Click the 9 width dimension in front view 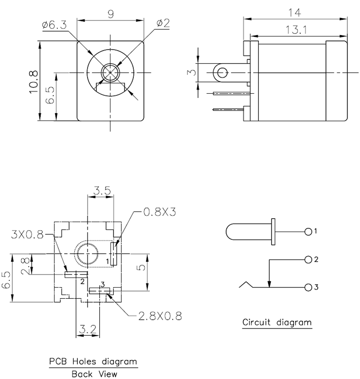point(110,14)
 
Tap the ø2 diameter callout point(162,23)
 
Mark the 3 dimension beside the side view point(192,72)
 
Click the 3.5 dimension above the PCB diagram point(100,190)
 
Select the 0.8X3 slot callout point(161,212)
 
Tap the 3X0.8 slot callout point(26,236)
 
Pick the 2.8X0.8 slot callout point(160,316)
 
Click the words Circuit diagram point(277,322)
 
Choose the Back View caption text point(92,374)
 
